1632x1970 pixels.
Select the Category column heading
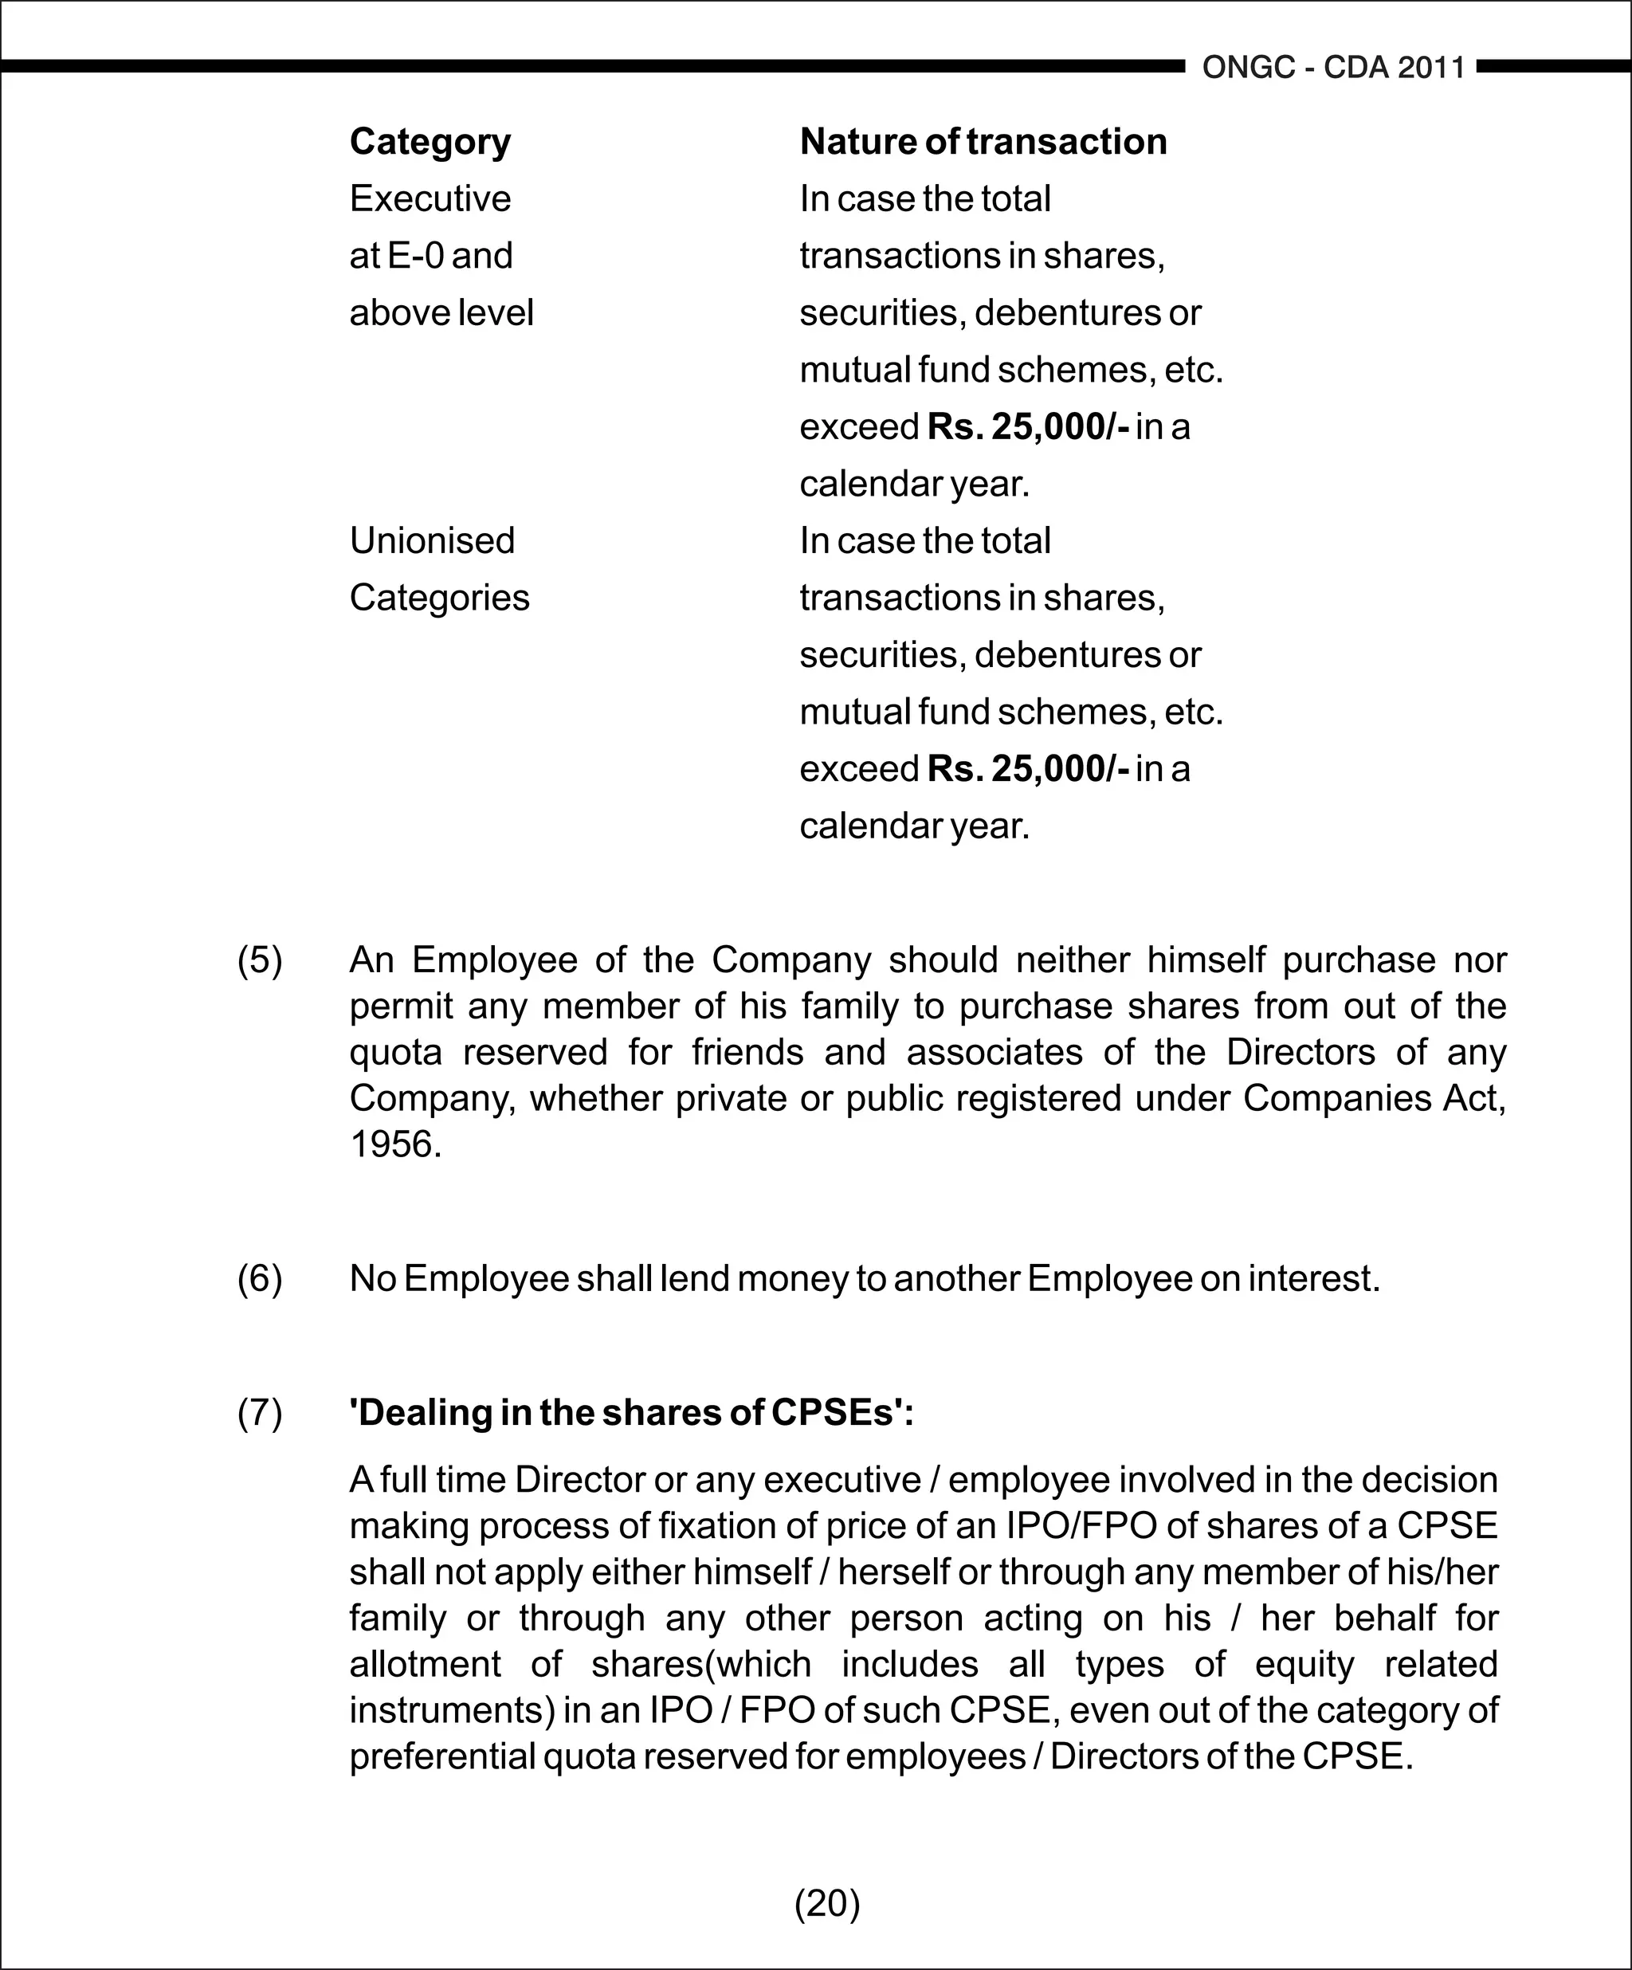pyautogui.click(x=430, y=142)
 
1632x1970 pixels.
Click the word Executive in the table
pyautogui.click(x=430, y=199)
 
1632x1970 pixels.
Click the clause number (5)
pyautogui.click(x=259, y=959)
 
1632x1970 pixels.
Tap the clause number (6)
pyautogui.click(x=259, y=1278)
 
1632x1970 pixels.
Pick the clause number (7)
pyautogui.click(x=259, y=1413)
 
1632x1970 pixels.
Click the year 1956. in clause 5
pyautogui.click(x=395, y=1144)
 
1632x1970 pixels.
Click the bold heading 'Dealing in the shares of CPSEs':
pyautogui.click(x=631, y=1413)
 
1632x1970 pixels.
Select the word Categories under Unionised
pyautogui.click(x=439, y=598)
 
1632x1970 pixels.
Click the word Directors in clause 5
pyautogui.click(x=1300, y=1053)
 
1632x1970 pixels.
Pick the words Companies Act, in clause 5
pyautogui.click(x=1374, y=1098)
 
